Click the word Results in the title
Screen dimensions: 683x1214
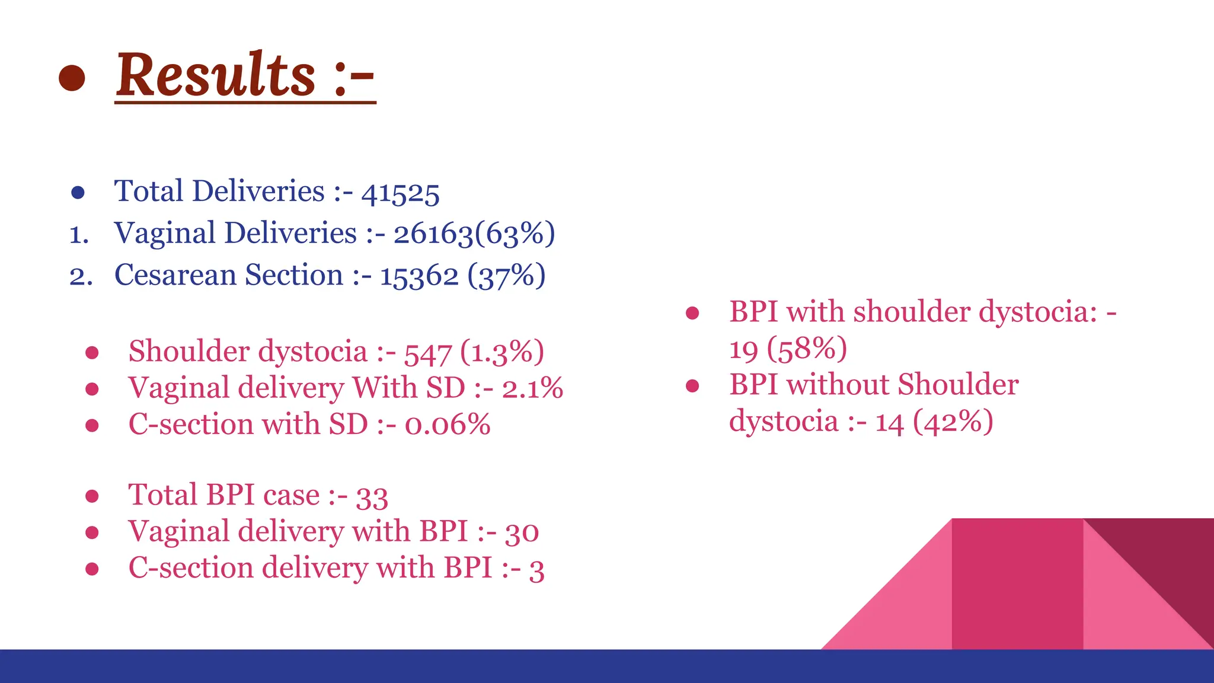click(216, 75)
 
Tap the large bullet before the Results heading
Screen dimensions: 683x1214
click(72, 78)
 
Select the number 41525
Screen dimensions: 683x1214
click(400, 193)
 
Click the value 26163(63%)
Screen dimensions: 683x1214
click(474, 234)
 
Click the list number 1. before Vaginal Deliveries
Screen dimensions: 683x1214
click(79, 235)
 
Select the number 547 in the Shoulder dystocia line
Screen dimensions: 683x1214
click(428, 353)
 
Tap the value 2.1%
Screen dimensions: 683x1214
click(532, 389)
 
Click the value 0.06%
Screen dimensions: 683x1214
click(448, 425)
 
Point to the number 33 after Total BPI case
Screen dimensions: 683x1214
click(372, 497)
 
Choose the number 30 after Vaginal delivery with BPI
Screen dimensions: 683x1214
click(522, 532)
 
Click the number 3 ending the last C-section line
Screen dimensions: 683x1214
click(536, 569)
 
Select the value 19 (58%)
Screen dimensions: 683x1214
click(788, 349)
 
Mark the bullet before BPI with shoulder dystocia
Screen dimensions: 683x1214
click(692, 313)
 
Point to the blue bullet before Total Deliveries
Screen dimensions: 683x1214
click(78, 193)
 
